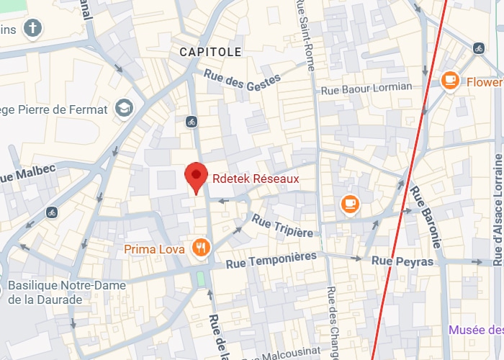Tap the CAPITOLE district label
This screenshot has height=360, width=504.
[210, 52]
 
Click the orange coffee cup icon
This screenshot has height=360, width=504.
[350, 204]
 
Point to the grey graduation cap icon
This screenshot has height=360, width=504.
[124, 109]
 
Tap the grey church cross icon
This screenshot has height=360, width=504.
[32, 29]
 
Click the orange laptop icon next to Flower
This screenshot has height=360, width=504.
[451, 81]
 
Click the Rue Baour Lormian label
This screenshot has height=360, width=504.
[366, 88]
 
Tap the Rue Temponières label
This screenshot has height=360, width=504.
[271, 260]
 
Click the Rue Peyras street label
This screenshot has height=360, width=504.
[402, 261]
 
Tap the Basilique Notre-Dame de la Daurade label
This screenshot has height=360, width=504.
[66, 292]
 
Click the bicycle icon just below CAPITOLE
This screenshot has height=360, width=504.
[191, 121]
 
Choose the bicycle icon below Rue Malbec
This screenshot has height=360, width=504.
[51, 212]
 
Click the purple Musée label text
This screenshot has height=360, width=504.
[475, 330]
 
